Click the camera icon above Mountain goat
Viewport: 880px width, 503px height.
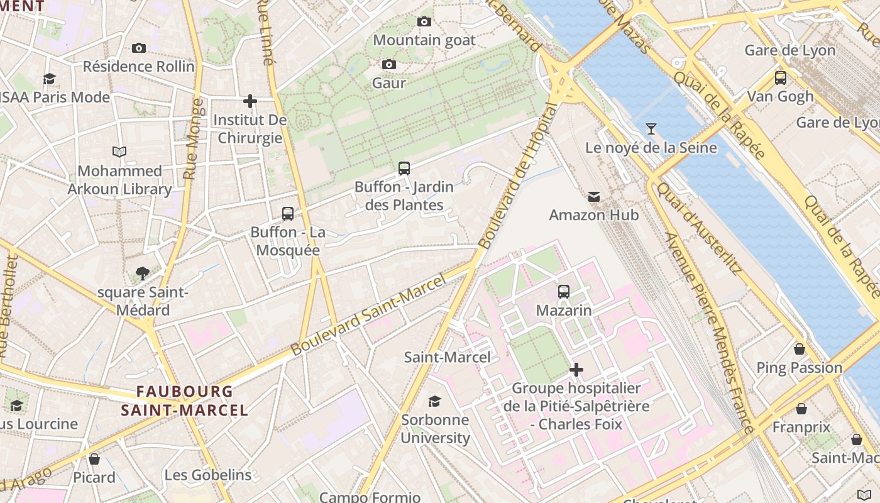[424, 22]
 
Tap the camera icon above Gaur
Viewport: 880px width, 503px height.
[389, 64]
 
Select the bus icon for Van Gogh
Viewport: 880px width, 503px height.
[780, 78]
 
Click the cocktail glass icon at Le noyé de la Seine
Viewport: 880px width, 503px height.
[651, 129]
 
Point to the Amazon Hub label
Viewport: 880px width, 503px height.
[593, 215]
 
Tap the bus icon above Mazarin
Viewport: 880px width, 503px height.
[564, 292]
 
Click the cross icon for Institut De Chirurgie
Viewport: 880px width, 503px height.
[250, 101]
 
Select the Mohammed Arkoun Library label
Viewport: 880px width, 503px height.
[119, 180]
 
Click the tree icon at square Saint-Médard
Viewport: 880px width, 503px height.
[143, 274]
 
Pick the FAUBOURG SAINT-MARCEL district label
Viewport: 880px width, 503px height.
[184, 401]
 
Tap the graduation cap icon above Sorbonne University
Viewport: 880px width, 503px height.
[434, 401]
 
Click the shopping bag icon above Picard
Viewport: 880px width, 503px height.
[94, 459]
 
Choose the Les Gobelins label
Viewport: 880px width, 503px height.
[208, 475]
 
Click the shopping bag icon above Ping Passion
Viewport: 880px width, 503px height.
[800, 349]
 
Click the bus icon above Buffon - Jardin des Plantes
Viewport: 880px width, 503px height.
[404, 169]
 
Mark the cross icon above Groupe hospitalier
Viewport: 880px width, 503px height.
[576, 370]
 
